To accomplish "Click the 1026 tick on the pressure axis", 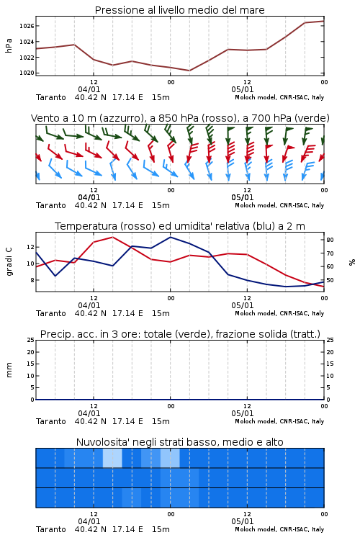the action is click(x=27, y=26).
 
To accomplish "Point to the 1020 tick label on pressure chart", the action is click(x=27, y=73).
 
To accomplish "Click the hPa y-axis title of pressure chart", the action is click(x=9, y=45).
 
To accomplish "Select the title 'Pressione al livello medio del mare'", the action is click(x=180, y=10).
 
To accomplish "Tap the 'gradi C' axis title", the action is click(x=9, y=262).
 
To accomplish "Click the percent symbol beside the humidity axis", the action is click(x=352, y=262).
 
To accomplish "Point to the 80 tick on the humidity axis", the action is click(x=330, y=240).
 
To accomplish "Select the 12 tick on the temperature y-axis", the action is click(x=30, y=247).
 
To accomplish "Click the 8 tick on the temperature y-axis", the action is click(x=32, y=280).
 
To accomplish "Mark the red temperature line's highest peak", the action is click(x=112, y=237).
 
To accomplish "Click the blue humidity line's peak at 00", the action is click(x=170, y=237).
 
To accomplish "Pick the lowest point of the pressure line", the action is click(x=189, y=71).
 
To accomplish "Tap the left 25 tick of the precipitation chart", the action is click(x=30, y=340).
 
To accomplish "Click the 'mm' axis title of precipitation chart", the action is click(x=9, y=369).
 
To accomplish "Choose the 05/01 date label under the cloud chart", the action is click(x=243, y=521).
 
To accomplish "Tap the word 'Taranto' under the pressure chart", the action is click(x=51, y=97).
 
